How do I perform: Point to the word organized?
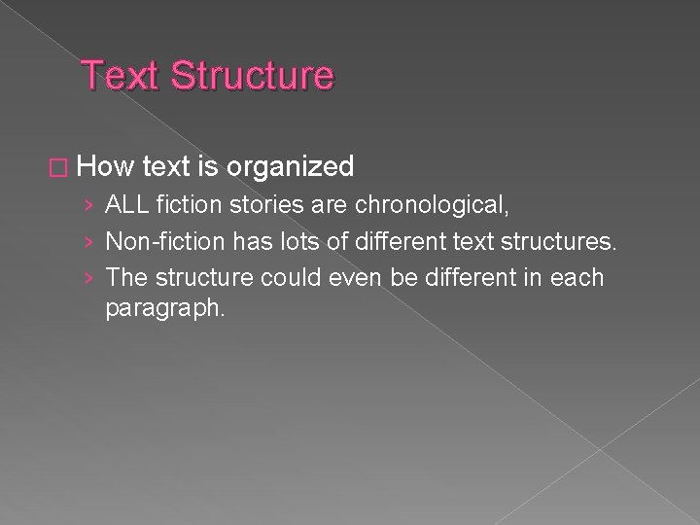click(291, 168)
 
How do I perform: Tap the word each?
click(577, 277)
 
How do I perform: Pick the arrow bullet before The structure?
click(89, 278)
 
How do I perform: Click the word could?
click(297, 277)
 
